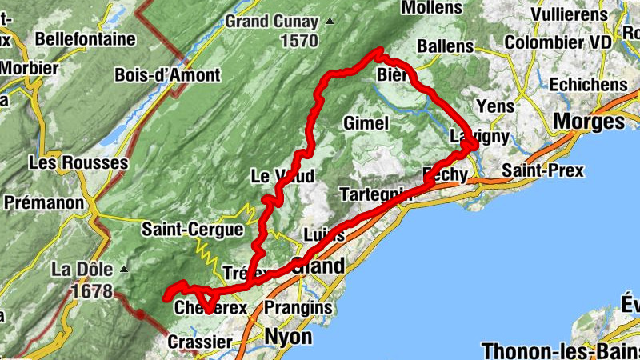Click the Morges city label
(x=589, y=122)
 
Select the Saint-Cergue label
(x=192, y=230)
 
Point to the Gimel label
(x=366, y=123)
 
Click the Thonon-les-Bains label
(x=558, y=350)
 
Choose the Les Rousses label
(x=78, y=162)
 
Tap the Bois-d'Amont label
(x=167, y=75)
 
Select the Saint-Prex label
(x=543, y=170)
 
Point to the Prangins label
(x=297, y=307)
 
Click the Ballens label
(x=445, y=46)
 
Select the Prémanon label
(x=44, y=202)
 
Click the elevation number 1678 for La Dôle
(x=92, y=290)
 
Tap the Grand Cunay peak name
(x=270, y=22)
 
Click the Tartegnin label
(x=374, y=194)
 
